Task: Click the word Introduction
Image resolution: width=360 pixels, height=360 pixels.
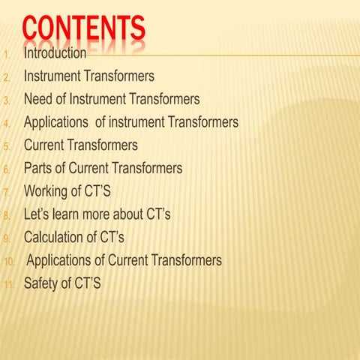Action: (55, 54)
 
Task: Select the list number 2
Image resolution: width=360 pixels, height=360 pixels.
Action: (7, 77)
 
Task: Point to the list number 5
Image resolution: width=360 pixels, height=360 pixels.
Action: (7, 146)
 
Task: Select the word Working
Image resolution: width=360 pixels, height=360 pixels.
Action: (48, 192)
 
